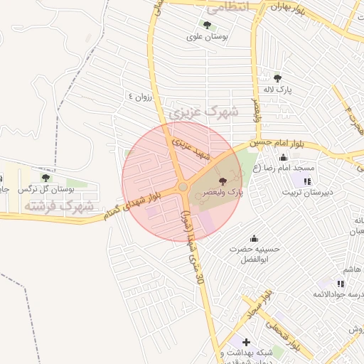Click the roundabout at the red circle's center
(183, 187)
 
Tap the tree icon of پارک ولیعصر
(224, 182)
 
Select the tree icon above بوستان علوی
(207, 25)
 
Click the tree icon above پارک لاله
(277, 78)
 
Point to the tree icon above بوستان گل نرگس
(46, 178)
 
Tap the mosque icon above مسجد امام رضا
(284, 157)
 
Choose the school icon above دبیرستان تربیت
(306, 181)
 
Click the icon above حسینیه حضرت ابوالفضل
(255, 238)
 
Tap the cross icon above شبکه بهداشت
(246, 342)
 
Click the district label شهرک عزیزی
(203, 112)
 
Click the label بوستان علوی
(207, 36)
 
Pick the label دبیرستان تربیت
(306, 193)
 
